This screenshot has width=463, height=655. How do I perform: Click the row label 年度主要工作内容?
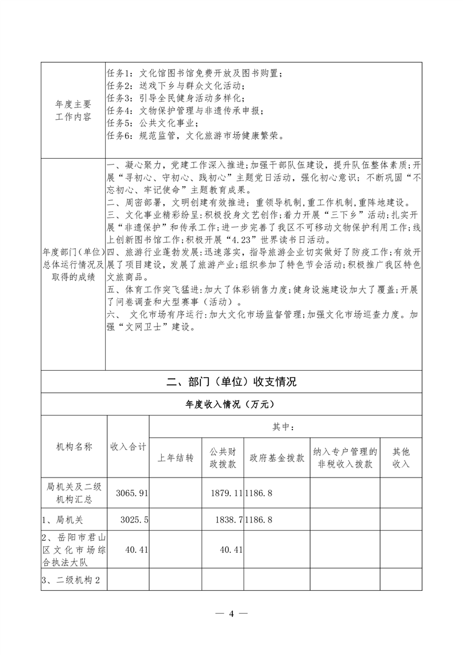(73, 110)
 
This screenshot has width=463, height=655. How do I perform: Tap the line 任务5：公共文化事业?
(153, 123)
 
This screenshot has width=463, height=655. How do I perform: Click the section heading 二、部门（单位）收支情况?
(231, 382)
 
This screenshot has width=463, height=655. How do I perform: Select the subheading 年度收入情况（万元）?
(231, 404)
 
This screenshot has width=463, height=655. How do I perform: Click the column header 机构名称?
(73, 447)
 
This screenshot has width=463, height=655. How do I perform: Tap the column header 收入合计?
(128, 447)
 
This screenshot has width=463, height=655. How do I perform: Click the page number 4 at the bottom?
(231, 613)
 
